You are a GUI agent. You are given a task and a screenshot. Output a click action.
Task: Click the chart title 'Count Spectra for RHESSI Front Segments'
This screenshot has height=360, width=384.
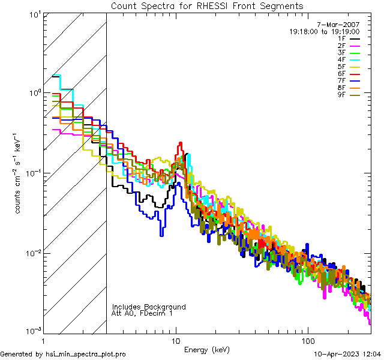(207, 5)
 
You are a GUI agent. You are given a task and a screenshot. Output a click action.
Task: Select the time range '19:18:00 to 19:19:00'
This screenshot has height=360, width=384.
(324, 32)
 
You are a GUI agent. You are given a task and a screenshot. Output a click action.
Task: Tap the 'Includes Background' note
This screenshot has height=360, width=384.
(149, 307)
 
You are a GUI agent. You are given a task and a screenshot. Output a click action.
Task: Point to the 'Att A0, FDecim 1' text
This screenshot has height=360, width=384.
(142, 313)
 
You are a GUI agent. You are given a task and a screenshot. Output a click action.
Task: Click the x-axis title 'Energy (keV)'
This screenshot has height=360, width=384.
(207, 350)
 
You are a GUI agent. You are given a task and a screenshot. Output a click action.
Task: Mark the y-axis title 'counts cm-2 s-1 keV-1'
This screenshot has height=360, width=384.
(19, 172)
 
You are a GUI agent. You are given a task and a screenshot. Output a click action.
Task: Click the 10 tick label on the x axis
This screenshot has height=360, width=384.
(175, 340)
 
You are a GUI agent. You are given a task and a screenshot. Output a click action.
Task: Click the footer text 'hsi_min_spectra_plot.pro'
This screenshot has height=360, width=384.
(86, 355)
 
